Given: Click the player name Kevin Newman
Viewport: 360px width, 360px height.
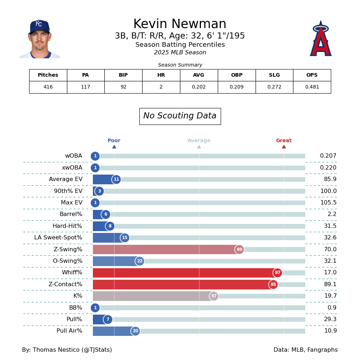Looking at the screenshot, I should tap(180, 24).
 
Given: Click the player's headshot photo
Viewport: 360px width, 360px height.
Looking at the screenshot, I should tap(40, 39).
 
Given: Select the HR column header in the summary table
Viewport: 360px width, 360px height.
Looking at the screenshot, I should tap(161, 75).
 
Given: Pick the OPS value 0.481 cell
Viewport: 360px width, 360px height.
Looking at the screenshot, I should tap(312, 87).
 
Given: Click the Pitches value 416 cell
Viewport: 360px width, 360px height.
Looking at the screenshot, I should tap(48, 87).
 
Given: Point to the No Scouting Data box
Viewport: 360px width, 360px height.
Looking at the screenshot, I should tap(180, 116).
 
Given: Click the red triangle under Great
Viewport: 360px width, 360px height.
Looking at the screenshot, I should tap(284, 147).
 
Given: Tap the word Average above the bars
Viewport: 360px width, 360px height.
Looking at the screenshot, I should tap(199, 141).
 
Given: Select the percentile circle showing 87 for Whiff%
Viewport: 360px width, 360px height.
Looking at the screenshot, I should tap(278, 273).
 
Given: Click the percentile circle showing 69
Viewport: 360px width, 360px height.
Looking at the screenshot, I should tap(239, 249).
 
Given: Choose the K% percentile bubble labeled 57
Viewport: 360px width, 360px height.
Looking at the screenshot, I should tap(214, 296).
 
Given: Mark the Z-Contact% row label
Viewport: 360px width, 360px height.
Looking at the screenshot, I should tap(65, 284).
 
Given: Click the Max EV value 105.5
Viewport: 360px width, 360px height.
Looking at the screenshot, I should tap(328, 203).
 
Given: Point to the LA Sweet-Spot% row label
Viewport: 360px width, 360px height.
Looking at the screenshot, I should tap(58, 238).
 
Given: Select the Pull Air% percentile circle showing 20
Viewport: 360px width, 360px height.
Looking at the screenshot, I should tap(135, 331).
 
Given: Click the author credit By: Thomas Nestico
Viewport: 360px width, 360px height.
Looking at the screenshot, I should tap(67, 350).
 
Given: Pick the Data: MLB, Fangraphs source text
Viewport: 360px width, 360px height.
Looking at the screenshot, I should tap(305, 350).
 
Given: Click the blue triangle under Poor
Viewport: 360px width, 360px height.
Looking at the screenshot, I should tap(114, 147).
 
